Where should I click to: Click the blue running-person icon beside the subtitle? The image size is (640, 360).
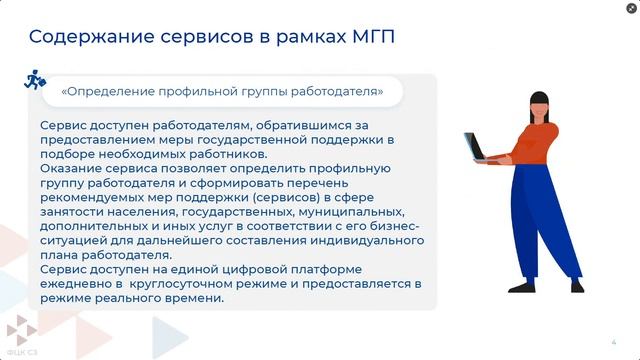(33, 78)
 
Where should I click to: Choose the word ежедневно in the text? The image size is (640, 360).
(75, 284)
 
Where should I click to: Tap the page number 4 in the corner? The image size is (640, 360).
(613, 341)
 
